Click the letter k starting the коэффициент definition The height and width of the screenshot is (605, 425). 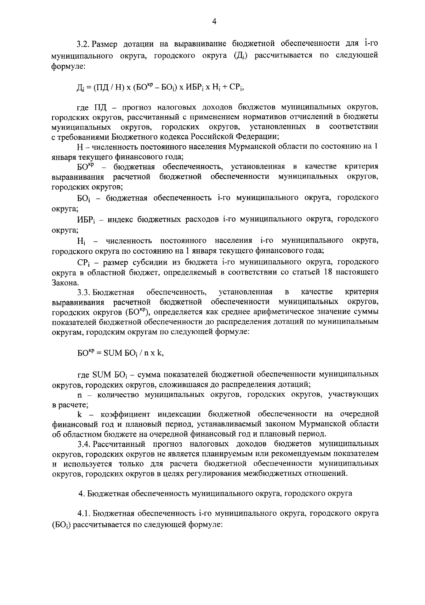pos(79,414)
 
